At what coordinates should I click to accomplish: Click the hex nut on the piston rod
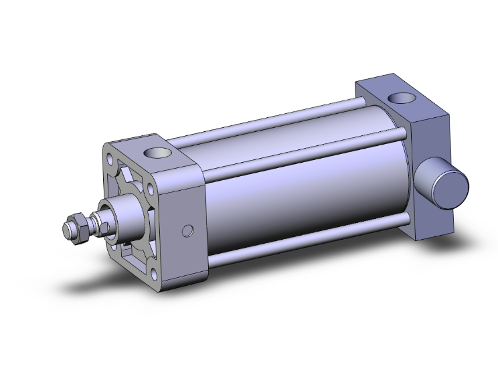point(76,226)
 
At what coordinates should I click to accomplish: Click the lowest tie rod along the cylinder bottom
point(308,241)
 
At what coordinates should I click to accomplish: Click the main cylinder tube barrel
point(301,194)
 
